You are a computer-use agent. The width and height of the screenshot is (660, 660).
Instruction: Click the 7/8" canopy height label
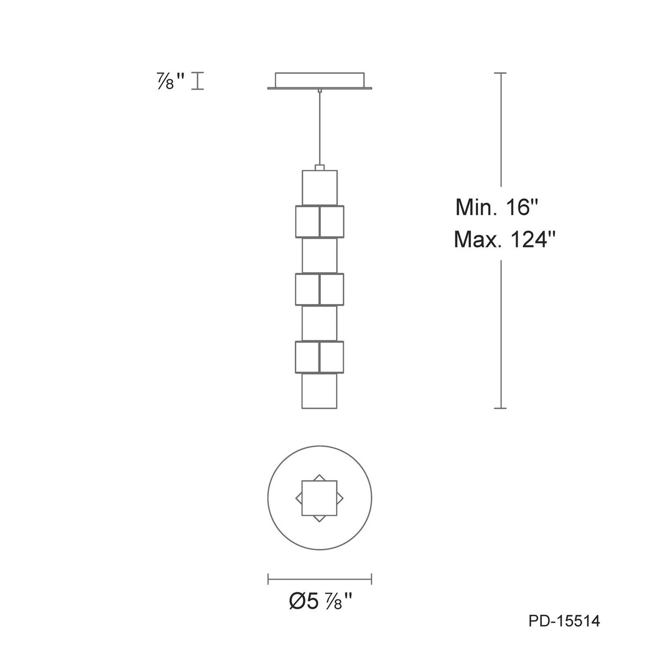point(170,81)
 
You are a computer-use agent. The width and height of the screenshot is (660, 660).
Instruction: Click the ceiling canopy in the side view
point(319,81)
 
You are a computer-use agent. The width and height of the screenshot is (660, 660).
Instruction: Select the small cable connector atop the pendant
point(320,168)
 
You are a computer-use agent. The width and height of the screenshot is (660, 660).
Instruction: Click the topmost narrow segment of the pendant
point(320,188)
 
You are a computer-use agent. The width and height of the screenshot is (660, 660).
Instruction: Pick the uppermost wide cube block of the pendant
point(320,221)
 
